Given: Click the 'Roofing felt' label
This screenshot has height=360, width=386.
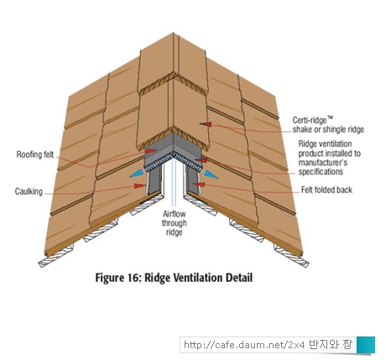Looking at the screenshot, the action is tap(35, 154).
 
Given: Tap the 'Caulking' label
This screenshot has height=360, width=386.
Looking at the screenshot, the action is tap(29, 192).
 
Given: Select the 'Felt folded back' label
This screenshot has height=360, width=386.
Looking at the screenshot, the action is tap(326, 190).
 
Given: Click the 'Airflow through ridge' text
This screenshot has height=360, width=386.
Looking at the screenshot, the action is tap(174, 223).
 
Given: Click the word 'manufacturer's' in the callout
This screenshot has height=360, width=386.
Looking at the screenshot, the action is tap(323, 163).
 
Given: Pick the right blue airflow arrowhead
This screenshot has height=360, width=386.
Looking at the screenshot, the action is tap(211, 175).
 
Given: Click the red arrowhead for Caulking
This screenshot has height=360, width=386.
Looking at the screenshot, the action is tap(140, 185).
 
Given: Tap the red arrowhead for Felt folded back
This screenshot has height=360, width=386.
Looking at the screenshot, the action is tap(199, 185).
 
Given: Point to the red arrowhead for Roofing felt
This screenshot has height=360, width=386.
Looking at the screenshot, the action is tap(151, 151).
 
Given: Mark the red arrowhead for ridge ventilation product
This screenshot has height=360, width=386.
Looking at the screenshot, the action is tap(201, 160).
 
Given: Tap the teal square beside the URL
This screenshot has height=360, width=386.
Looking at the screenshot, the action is tap(366, 345).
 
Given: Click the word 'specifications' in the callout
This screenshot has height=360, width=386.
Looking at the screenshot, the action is tap(321, 171).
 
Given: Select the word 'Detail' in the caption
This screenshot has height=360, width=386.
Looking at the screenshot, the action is tap(239, 278).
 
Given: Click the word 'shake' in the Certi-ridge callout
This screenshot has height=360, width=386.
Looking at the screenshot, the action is tap(302, 129).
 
